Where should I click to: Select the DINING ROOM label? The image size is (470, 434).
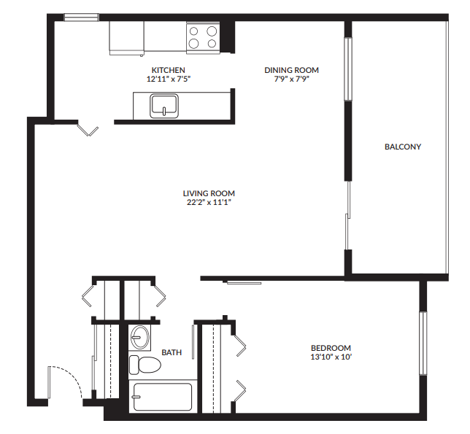pyautogui.click(x=291, y=70)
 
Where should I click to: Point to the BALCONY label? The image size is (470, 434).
pyautogui.click(x=403, y=147)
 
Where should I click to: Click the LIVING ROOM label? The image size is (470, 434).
pyautogui.click(x=209, y=193)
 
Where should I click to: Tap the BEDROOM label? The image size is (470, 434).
pyautogui.click(x=331, y=348)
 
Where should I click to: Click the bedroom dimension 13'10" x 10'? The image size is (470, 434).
pyautogui.click(x=331, y=357)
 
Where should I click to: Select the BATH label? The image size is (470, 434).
pyautogui.click(x=172, y=352)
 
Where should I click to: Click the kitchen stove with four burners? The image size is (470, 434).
pyautogui.click(x=204, y=37)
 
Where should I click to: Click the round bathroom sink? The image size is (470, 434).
pyautogui.click(x=139, y=337)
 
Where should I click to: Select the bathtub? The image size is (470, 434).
pyautogui.click(x=161, y=398)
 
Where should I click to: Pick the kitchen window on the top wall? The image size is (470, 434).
pyautogui.click(x=80, y=18)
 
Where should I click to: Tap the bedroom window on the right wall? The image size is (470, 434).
pyautogui.click(x=422, y=343)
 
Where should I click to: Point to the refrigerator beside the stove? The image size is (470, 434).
pyautogui.click(x=126, y=37)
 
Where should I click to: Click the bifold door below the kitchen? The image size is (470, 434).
pyautogui.click(x=89, y=131)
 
